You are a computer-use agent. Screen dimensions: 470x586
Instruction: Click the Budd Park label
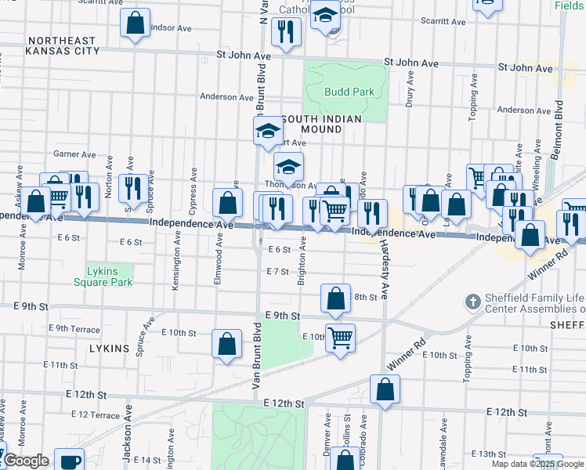coord(349,92)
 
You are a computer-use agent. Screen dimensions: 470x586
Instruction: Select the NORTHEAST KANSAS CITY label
coord(62,45)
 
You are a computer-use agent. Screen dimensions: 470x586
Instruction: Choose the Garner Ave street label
coord(74,154)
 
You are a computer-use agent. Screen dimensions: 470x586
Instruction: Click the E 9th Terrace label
coord(74,328)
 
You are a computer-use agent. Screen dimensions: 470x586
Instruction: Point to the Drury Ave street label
coord(410,91)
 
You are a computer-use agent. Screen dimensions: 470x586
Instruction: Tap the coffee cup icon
coord(69,461)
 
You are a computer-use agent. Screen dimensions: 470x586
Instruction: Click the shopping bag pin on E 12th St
coord(385,389)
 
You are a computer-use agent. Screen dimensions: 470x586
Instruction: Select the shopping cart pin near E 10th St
coord(340,338)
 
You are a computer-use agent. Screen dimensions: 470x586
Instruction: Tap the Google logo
coord(25,461)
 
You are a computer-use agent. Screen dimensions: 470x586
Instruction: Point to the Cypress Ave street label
coord(193,183)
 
